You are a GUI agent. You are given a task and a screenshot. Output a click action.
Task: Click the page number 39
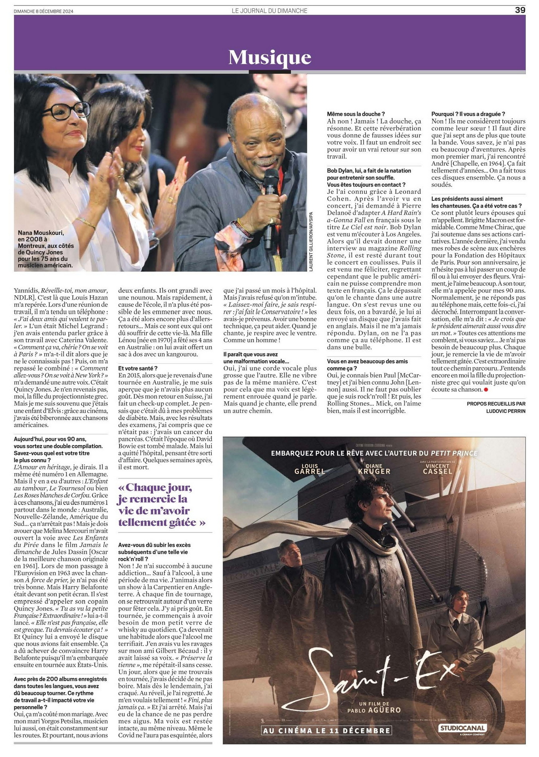point(520,10)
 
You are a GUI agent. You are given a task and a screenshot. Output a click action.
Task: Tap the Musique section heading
point(269,57)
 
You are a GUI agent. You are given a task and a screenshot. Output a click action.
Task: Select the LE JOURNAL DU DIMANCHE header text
point(269,11)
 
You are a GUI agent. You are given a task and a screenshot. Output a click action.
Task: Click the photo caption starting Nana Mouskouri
point(46,249)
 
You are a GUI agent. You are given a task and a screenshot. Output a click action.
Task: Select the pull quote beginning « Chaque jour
point(161,505)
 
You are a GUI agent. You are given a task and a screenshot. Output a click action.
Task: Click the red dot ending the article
point(486,389)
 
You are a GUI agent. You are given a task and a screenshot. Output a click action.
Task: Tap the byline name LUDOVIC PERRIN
point(506,411)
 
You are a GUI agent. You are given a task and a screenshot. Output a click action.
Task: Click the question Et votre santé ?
point(138,368)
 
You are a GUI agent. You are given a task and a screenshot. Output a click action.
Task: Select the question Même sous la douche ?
point(356,114)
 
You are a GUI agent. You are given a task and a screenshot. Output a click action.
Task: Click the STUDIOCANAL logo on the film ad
point(462,728)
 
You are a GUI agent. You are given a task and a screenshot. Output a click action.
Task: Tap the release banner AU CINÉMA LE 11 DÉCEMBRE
point(327,730)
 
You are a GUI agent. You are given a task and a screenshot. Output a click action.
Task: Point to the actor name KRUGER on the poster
point(374,471)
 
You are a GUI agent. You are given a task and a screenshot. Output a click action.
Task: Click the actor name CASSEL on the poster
point(437,471)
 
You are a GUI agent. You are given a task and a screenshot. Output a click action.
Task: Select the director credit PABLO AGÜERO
point(374,710)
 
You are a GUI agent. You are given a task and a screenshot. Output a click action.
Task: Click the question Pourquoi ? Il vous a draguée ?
point(468,114)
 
